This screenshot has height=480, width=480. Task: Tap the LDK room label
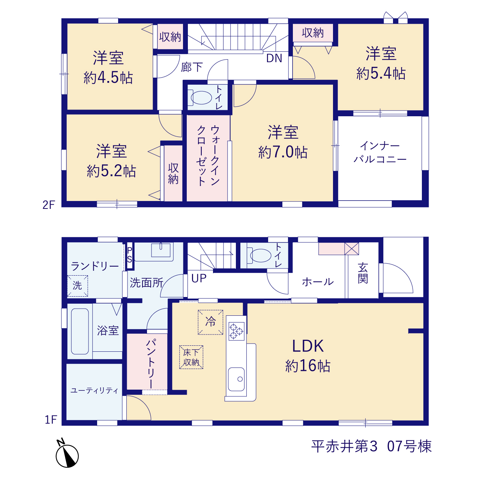(307, 346)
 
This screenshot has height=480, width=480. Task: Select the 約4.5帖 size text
(108, 78)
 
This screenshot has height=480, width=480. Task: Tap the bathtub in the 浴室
(80, 331)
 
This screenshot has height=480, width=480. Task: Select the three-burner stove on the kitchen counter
(236, 331)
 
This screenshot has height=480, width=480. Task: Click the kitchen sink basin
(236, 379)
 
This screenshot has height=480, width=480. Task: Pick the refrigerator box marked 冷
(210, 322)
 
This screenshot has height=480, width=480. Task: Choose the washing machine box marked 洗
(78, 286)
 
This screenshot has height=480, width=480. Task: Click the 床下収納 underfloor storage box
(191, 357)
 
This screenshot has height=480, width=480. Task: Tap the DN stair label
(274, 58)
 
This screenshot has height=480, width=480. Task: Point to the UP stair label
(199, 278)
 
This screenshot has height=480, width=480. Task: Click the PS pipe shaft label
(129, 255)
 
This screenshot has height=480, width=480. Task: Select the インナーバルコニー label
(380, 152)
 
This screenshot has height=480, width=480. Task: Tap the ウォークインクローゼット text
(208, 156)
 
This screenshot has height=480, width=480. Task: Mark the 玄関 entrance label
(363, 273)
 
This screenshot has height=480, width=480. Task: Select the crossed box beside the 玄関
(351, 249)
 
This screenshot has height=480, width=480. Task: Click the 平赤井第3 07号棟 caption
(371, 446)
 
